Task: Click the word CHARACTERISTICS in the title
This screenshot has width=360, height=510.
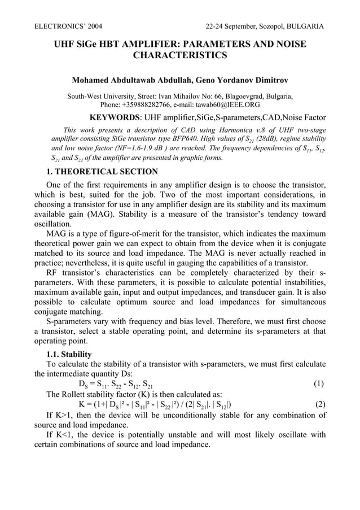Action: (x=179, y=55)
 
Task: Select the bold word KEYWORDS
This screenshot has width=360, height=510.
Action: (x=115, y=118)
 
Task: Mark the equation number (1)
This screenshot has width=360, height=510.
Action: (x=318, y=384)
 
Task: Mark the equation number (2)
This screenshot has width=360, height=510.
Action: (x=318, y=404)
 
